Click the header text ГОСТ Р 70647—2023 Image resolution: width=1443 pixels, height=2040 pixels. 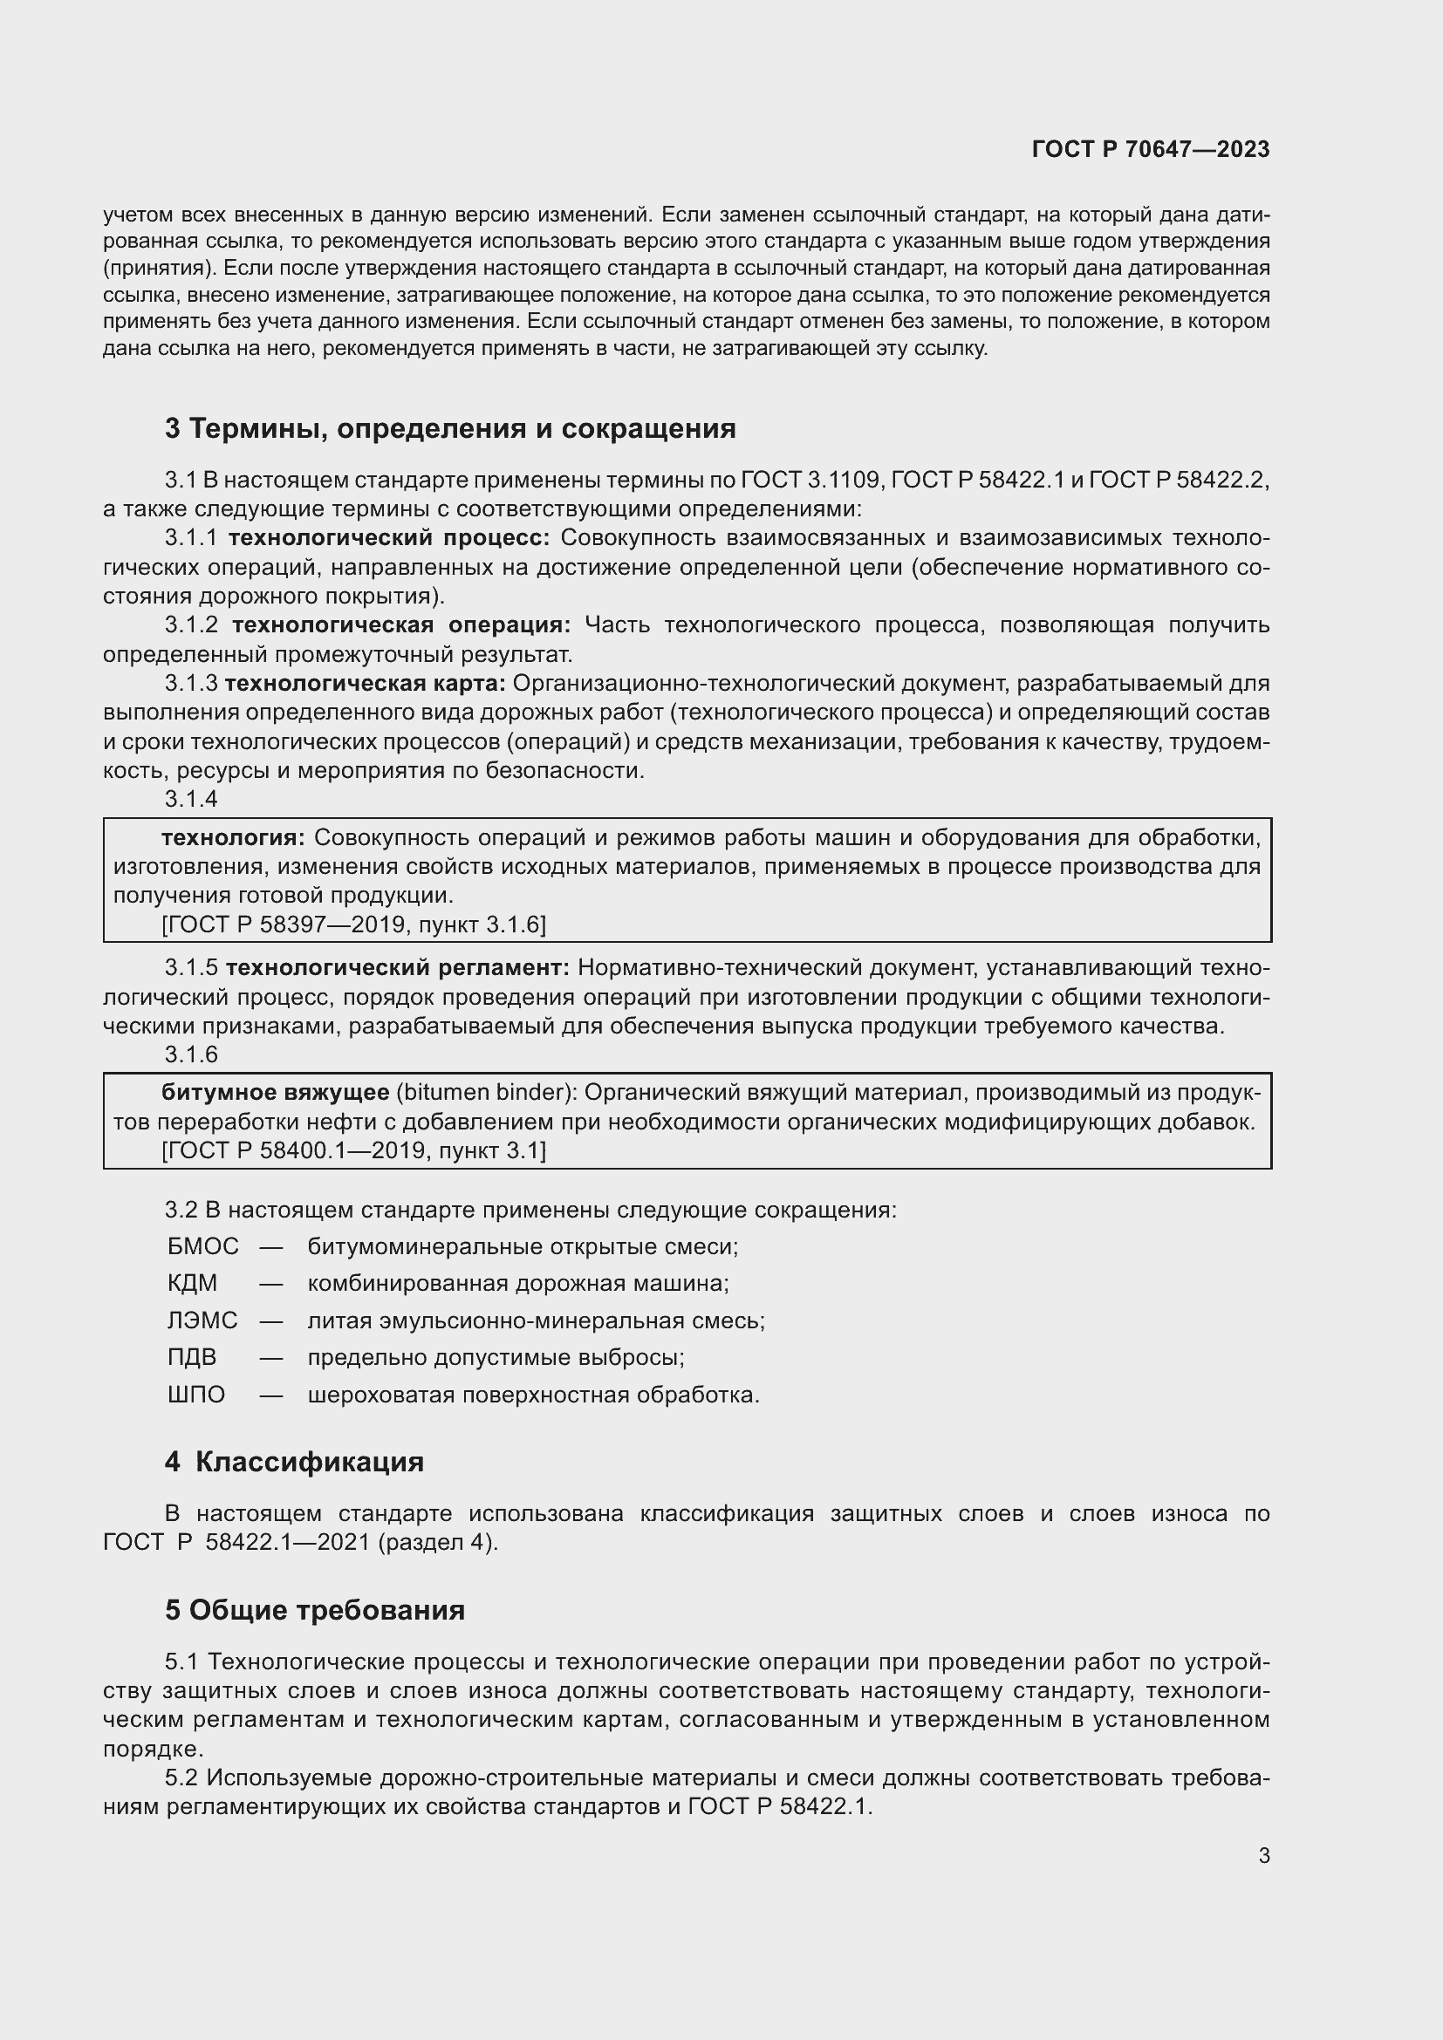[1150, 149]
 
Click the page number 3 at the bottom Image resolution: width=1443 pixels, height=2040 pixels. [1263, 1856]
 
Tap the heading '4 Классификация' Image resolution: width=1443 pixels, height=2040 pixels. [294, 1462]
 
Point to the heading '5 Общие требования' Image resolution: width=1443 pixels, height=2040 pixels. [315, 1610]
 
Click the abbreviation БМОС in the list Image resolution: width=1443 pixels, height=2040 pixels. [202, 1246]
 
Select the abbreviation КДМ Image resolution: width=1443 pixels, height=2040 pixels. [192, 1284]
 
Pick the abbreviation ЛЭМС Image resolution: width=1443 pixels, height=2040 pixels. [202, 1320]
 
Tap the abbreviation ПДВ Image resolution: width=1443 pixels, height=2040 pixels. [192, 1358]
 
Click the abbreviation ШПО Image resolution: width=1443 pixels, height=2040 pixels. [196, 1395]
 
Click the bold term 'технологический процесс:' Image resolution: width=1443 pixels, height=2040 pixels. [389, 537]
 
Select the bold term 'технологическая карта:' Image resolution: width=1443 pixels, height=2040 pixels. [366, 683]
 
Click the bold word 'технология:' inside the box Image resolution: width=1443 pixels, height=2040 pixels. [233, 838]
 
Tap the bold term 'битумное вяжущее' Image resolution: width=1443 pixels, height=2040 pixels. [276, 1092]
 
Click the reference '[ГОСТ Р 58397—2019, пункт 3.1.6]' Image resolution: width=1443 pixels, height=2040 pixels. [353, 924]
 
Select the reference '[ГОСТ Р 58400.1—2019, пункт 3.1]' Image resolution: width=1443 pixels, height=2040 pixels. [353, 1151]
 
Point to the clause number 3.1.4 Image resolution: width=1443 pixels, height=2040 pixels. [191, 799]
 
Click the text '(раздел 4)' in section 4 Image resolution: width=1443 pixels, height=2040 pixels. [438, 1541]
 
